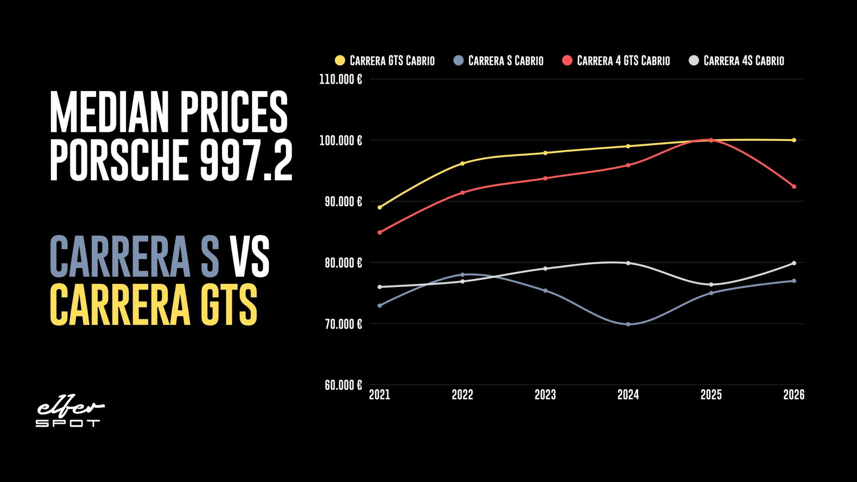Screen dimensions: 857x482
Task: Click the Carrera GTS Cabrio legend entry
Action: coord(385,60)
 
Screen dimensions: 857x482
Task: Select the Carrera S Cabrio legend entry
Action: coord(498,60)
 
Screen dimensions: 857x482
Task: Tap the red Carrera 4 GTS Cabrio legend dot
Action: coord(567,60)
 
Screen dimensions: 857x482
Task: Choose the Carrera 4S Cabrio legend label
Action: coord(744,60)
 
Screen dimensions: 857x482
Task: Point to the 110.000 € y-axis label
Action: coord(340,79)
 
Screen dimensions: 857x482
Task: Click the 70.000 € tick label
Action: coord(343,324)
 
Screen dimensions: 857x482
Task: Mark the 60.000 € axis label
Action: coord(343,385)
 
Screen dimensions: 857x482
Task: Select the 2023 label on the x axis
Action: coord(545,395)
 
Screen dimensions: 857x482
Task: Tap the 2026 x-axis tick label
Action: coord(794,395)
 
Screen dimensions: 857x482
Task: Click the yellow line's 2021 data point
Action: coord(380,208)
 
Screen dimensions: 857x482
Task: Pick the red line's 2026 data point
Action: coord(794,187)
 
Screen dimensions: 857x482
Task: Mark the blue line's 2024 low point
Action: coord(628,324)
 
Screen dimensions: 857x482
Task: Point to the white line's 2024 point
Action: coord(628,263)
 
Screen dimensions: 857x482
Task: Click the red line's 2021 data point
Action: coord(380,232)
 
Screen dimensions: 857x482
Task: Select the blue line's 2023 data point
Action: coord(545,291)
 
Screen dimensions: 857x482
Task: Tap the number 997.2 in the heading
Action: coord(246,160)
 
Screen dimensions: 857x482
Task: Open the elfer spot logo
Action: coord(70,413)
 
